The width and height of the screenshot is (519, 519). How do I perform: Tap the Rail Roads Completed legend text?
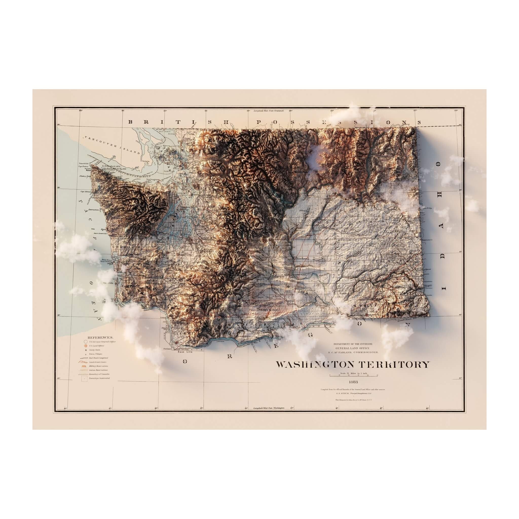coord(99,358)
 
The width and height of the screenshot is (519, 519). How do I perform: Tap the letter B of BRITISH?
coord(131,122)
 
